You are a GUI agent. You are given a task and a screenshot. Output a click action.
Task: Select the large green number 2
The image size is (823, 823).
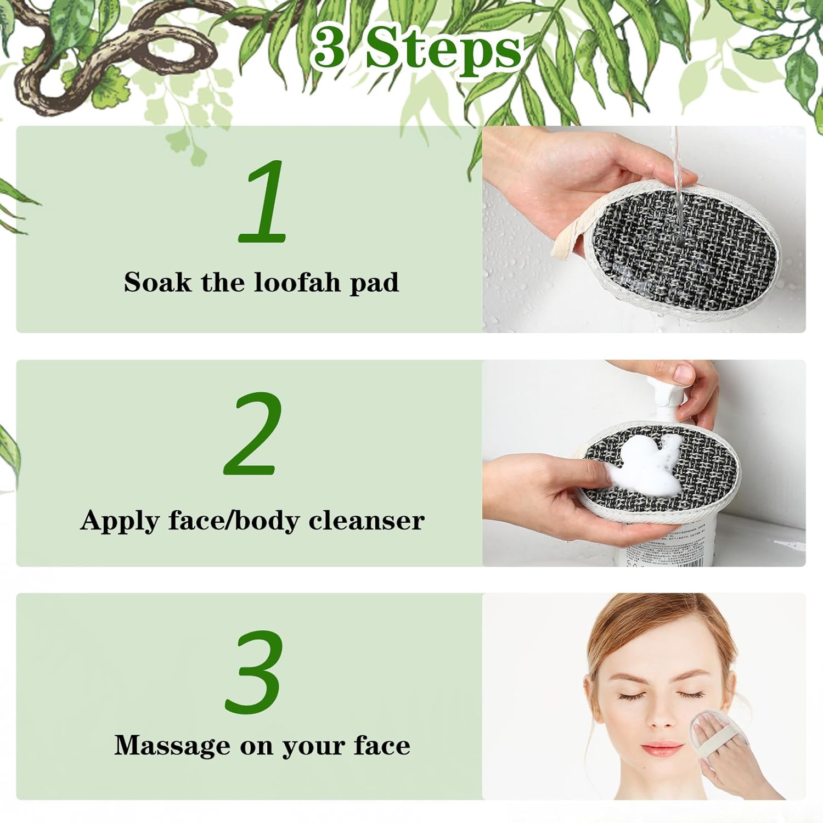tap(253, 433)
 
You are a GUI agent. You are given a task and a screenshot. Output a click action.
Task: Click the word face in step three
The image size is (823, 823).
tap(382, 745)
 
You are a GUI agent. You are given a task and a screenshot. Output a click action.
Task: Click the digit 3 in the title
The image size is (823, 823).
tap(329, 49)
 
